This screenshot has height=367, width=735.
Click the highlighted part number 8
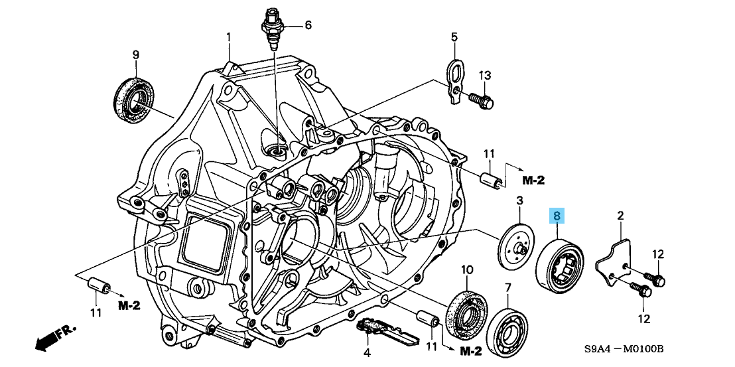(557, 216)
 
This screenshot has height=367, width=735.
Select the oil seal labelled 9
(135, 100)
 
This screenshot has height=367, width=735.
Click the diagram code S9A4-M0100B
(624, 349)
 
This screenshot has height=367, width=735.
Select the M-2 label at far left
(129, 305)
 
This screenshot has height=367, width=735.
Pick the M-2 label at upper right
(533, 180)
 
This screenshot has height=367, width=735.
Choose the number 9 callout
(135, 54)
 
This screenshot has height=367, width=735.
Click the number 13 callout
(484, 75)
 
